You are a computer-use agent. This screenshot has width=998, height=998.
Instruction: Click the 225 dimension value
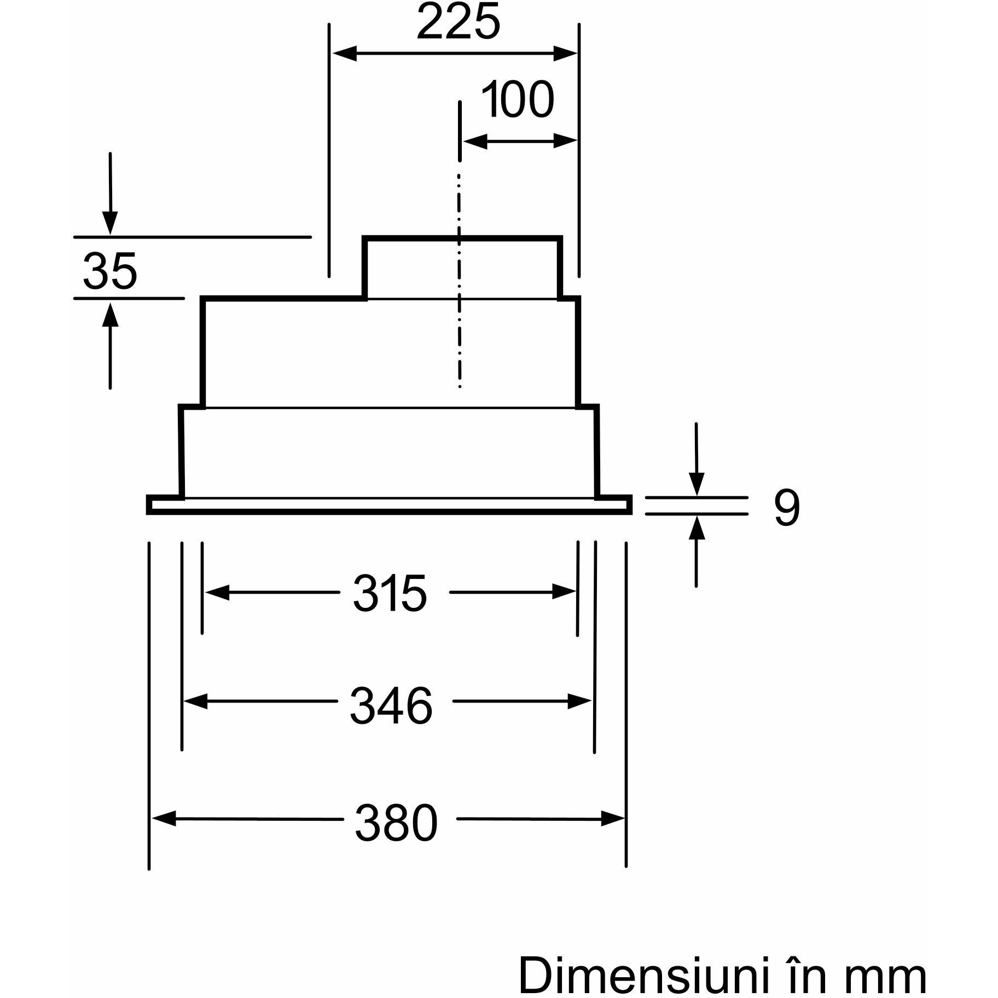[458, 22]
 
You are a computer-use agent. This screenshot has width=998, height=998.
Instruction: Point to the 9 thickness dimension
[787, 508]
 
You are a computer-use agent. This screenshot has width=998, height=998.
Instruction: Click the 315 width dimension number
[389, 594]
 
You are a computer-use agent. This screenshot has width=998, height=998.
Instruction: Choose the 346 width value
[391, 706]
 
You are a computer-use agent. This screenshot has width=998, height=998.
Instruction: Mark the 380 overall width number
[396, 822]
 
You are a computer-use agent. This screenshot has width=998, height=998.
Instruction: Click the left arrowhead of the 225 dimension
[345, 54]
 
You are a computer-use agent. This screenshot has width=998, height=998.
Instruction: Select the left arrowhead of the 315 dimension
[217, 592]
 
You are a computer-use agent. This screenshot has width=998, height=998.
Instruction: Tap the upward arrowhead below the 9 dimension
[696, 528]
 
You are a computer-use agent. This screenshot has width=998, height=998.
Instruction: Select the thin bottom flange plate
[389, 505]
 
